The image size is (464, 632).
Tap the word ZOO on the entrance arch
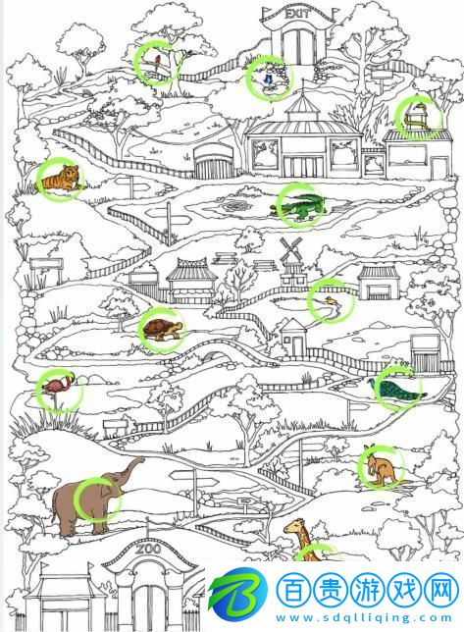click(x=147, y=551)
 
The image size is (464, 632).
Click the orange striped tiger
click(x=60, y=181)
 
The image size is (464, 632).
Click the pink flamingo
click(x=58, y=388)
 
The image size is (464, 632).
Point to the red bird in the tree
click(x=156, y=61)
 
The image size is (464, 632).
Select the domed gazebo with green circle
click(x=417, y=116)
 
